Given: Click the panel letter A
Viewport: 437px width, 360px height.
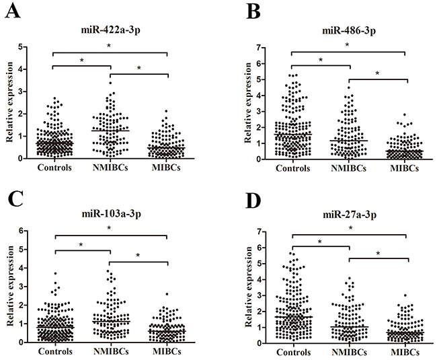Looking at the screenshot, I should (x=11, y=13).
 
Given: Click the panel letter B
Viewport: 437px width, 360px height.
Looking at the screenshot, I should (x=235, y=13).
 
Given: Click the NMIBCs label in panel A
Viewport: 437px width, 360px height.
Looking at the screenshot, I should (x=110, y=168).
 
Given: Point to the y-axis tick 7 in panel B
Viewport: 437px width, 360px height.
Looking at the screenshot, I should (x=266, y=46).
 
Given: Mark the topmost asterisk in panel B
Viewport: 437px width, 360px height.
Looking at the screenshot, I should (x=348, y=46).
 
